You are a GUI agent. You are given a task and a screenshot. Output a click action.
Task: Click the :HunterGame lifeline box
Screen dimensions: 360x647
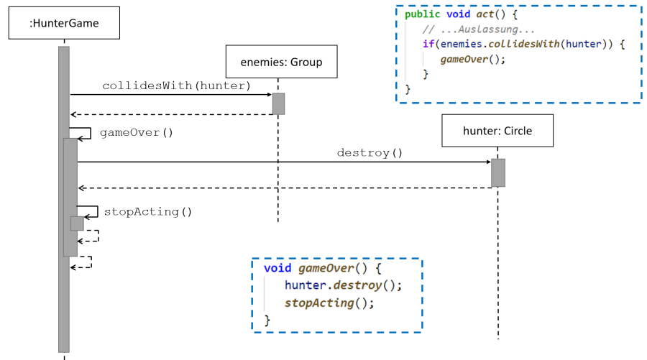(64, 24)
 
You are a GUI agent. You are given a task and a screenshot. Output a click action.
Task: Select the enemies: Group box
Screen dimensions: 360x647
(277, 62)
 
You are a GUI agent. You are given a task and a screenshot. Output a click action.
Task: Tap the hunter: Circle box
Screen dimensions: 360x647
(497, 131)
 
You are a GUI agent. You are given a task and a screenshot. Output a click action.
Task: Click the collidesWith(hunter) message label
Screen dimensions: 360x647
(175, 86)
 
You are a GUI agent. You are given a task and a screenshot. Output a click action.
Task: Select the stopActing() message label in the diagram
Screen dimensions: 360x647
(148, 211)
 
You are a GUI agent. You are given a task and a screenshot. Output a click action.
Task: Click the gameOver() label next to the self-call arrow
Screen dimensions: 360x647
(137, 132)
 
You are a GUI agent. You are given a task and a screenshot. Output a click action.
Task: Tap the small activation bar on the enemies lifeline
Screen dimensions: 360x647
(278, 103)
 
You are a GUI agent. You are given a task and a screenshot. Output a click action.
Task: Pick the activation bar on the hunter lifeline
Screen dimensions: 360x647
(498, 172)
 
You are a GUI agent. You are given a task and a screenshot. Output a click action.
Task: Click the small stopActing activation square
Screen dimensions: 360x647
(77, 223)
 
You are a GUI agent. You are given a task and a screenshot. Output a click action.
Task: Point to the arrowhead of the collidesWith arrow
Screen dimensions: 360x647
(268, 94)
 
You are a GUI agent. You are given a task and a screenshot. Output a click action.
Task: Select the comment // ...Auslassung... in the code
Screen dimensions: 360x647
(479, 29)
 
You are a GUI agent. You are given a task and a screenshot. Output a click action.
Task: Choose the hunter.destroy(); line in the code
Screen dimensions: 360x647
(343, 285)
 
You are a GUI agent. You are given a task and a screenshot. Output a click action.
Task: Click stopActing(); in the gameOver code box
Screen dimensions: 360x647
(329, 302)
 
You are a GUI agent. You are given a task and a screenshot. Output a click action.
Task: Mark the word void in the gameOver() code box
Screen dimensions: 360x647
(277, 268)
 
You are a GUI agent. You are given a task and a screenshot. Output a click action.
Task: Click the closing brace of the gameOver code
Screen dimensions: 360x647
(268, 319)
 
